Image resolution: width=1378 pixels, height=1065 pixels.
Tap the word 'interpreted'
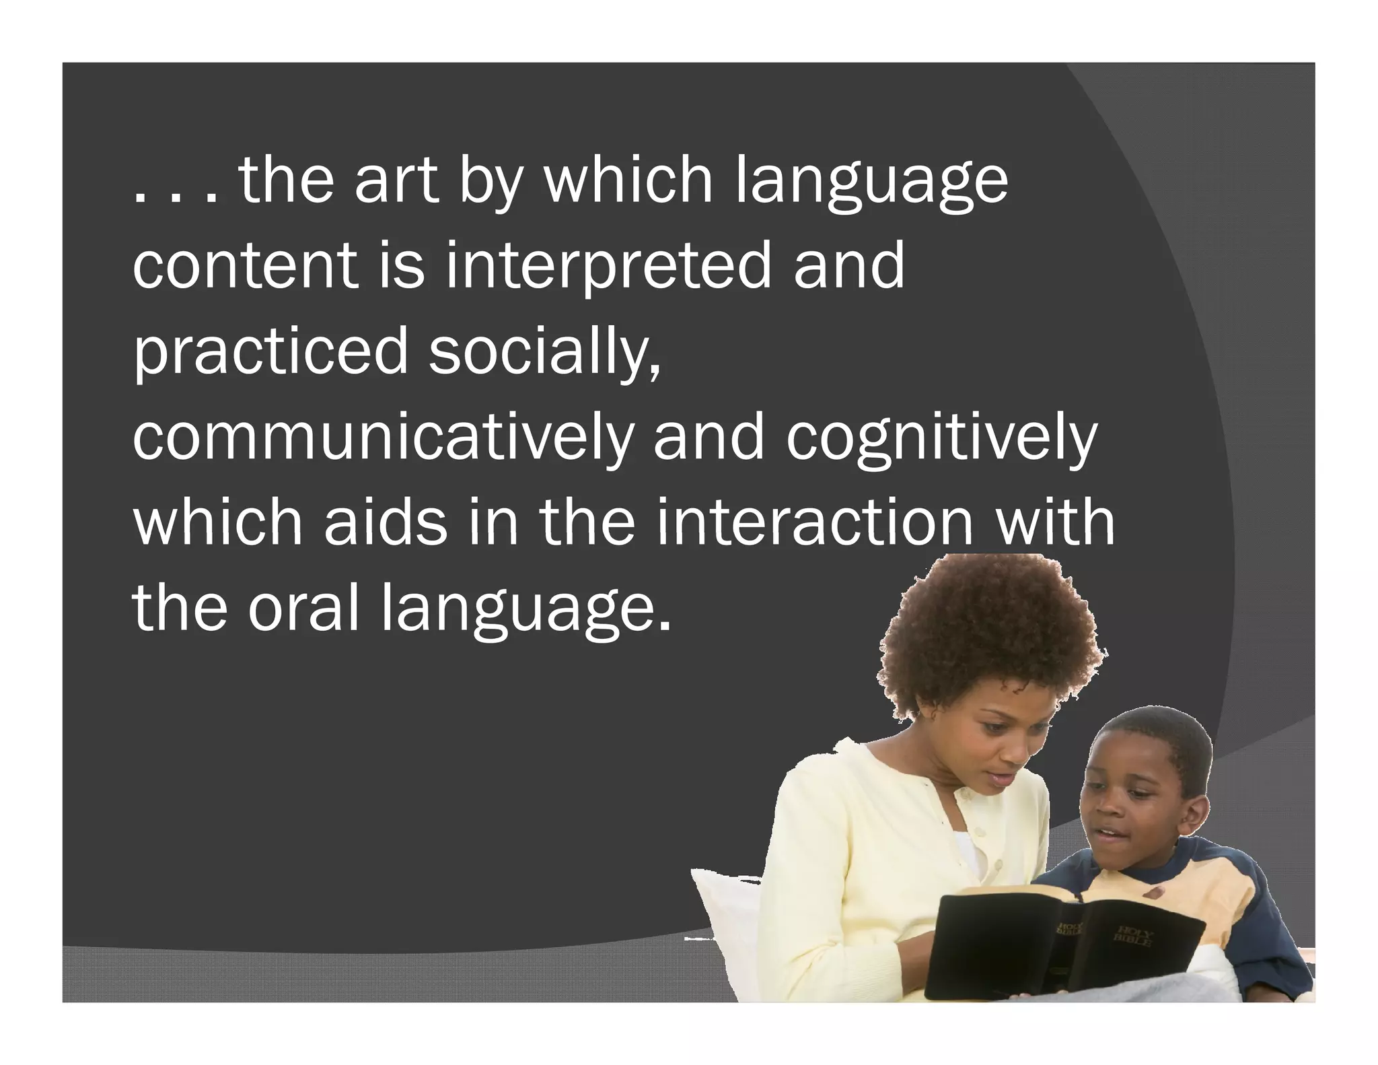click(x=608, y=267)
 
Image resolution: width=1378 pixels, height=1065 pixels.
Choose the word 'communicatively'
click(x=383, y=438)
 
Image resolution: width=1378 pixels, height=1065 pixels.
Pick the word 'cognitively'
click(x=941, y=438)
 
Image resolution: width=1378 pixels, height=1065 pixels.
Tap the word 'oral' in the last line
click(x=303, y=608)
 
